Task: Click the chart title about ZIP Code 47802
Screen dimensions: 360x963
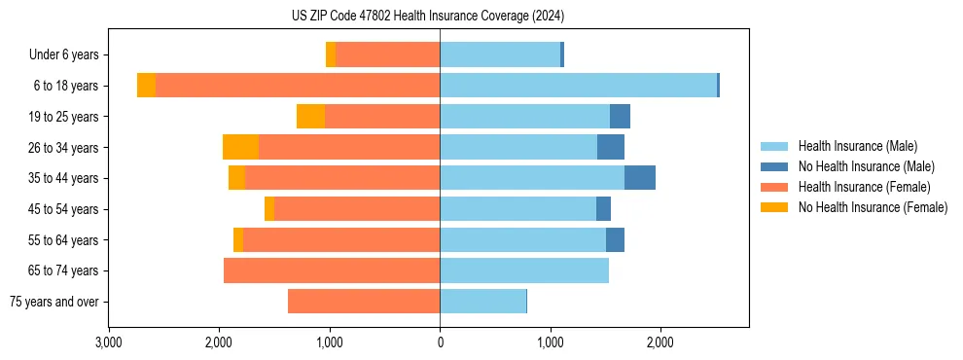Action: point(427,16)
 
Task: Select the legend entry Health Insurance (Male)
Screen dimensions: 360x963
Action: point(857,146)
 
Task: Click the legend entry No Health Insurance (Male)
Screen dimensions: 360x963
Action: point(867,166)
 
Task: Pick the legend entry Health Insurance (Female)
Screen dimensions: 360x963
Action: point(864,187)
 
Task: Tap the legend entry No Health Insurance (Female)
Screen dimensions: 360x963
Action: point(873,207)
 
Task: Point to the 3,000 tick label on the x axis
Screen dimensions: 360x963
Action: point(109,342)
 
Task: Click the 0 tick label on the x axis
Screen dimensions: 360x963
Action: point(440,342)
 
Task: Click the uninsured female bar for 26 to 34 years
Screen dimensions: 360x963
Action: point(240,147)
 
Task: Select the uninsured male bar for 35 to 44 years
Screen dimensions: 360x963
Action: point(639,178)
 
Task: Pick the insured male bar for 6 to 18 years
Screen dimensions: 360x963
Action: point(578,86)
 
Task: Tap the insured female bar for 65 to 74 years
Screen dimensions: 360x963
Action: point(332,270)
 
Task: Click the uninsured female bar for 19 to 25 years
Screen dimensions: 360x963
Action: point(310,117)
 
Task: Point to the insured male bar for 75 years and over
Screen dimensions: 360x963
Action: point(482,302)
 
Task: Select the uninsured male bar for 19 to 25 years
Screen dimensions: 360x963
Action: point(620,117)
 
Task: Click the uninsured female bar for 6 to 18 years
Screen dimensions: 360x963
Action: point(146,86)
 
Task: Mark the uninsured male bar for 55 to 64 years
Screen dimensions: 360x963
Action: point(615,239)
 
